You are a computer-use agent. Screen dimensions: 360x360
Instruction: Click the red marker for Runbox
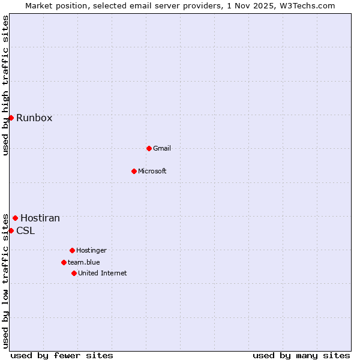click(x=11, y=118)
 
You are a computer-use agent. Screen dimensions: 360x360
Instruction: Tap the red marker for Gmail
click(x=149, y=148)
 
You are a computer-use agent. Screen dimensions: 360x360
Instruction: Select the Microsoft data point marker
click(x=134, y=171)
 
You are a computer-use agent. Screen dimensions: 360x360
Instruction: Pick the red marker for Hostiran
click(x=15, y=218)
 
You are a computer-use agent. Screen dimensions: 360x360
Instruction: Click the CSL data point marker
click(x=11, y=230)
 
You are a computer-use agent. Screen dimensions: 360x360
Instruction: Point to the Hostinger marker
click(x=72, y=250)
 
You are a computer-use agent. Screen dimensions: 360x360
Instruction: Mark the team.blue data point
click(x=64, y=262)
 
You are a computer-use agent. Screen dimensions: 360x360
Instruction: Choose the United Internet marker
click(x=74, y=273)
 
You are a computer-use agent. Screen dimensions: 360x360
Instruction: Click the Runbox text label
click(x=34, y=118)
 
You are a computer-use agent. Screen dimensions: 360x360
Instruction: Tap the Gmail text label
click(x=162, y=148)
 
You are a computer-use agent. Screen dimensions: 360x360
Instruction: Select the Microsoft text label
click(x=152, y=171)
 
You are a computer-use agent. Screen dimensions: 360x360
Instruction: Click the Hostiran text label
click(x=40, y=218)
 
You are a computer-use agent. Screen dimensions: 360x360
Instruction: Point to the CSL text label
click(x=26, y=231)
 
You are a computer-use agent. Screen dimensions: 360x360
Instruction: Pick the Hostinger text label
click(x=91, y=250)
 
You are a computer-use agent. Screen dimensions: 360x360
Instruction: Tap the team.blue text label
click(x=84, y=262)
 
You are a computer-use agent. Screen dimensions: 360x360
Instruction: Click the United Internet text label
click(x=103, y=273)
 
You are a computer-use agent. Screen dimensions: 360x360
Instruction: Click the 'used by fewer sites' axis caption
click(x=62, y=355)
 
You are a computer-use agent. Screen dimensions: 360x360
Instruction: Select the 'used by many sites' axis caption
click(x=301, y=355)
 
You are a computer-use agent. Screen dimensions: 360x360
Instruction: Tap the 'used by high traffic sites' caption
click(x=5, y=85)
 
